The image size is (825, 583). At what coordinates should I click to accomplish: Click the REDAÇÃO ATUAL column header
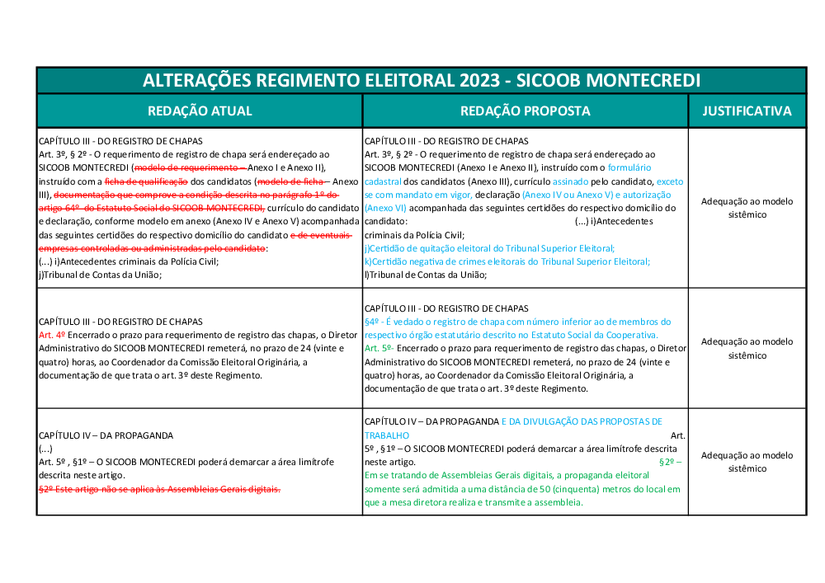200,110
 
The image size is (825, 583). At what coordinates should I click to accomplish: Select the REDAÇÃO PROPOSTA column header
526,110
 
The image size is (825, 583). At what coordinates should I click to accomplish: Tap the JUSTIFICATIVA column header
747,110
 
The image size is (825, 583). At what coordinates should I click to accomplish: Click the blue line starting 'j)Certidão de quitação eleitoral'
489,248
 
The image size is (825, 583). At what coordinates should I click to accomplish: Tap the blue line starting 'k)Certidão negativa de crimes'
507,261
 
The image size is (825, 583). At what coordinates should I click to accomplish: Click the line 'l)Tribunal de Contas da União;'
426,275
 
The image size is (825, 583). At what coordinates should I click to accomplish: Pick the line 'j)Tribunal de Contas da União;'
100,275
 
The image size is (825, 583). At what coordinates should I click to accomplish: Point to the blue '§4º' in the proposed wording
373,322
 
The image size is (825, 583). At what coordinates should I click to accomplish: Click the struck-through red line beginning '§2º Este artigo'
160,489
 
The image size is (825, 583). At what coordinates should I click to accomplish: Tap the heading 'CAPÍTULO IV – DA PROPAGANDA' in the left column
106,435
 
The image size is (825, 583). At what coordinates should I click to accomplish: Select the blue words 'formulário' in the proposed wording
630,167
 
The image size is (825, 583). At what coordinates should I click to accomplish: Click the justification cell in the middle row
747,349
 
